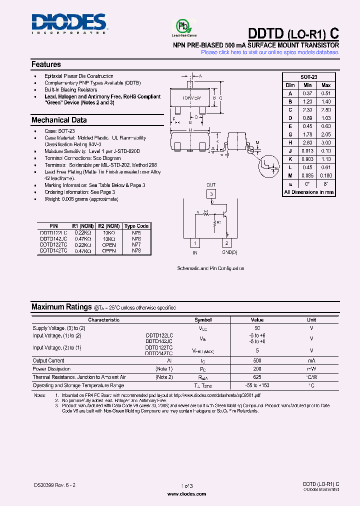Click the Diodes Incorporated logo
[69, 23]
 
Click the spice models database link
[270, 52]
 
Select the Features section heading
[46, 64]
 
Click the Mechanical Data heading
[59, 120]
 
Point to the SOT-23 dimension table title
[308, 77]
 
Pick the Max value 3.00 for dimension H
[326, 142]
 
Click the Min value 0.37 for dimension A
[307, 93]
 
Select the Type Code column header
[136, 226]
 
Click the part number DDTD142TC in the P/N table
[52, 250]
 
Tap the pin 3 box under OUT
[211, 194]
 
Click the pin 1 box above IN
[195, 243]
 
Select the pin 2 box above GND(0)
[226, 243]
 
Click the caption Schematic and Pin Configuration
[211, 268]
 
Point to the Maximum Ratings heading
[61, 307]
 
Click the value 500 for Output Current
[257, 360]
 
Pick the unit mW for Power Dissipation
[311, 368]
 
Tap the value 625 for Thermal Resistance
[257, 377]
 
